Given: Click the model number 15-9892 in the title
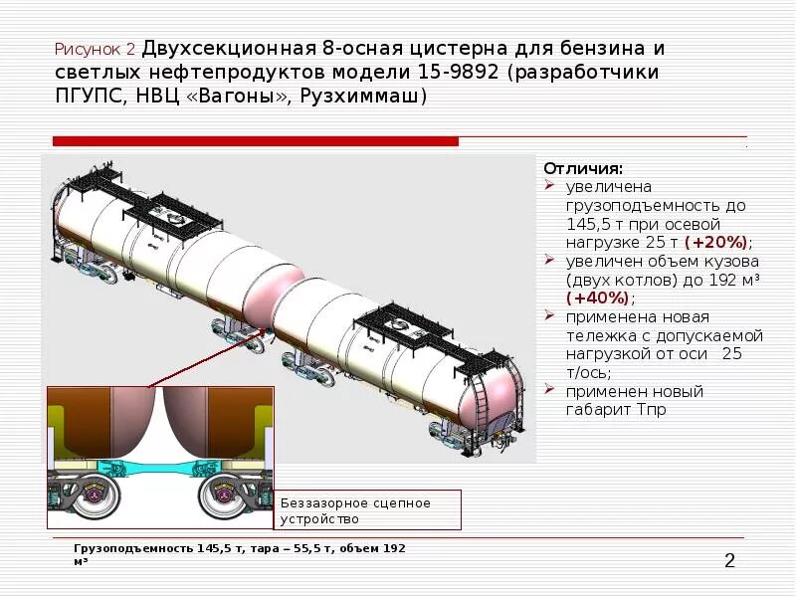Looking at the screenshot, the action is pos(549,73).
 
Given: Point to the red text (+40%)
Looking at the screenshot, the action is pos(599,298).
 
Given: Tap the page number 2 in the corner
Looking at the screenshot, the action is pos(729,562).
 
